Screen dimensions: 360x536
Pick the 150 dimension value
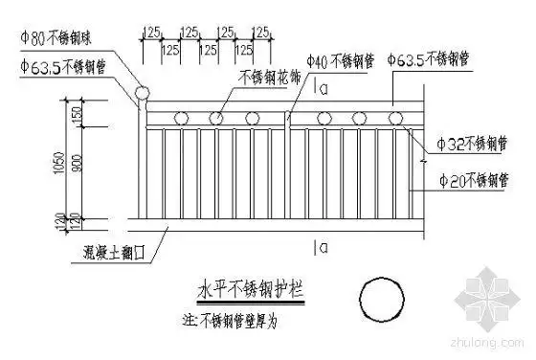point(76,114)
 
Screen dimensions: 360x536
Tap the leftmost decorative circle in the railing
point(179,119)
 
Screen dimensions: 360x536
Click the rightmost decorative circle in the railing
point(395,119)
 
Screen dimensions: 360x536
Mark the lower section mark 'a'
point(324,248)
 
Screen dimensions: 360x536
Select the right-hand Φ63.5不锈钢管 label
point(430,60)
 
